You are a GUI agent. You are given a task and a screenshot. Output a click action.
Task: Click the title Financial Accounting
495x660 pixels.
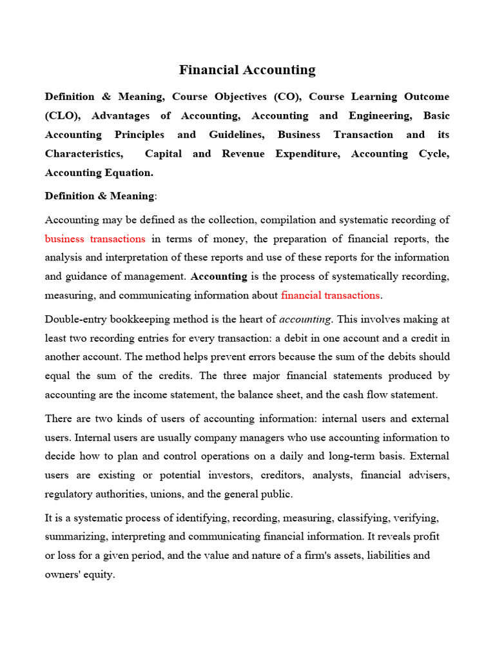[x=247, y=70]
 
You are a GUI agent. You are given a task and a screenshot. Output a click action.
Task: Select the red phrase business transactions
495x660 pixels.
[x=95, y=238]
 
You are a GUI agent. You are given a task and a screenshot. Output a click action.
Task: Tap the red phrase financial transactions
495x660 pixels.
[x=331, y=295]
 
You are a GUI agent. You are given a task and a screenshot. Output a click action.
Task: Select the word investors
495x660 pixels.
[x=233, y=476]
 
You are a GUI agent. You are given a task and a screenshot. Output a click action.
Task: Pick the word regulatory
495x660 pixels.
[x=67, y=494]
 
